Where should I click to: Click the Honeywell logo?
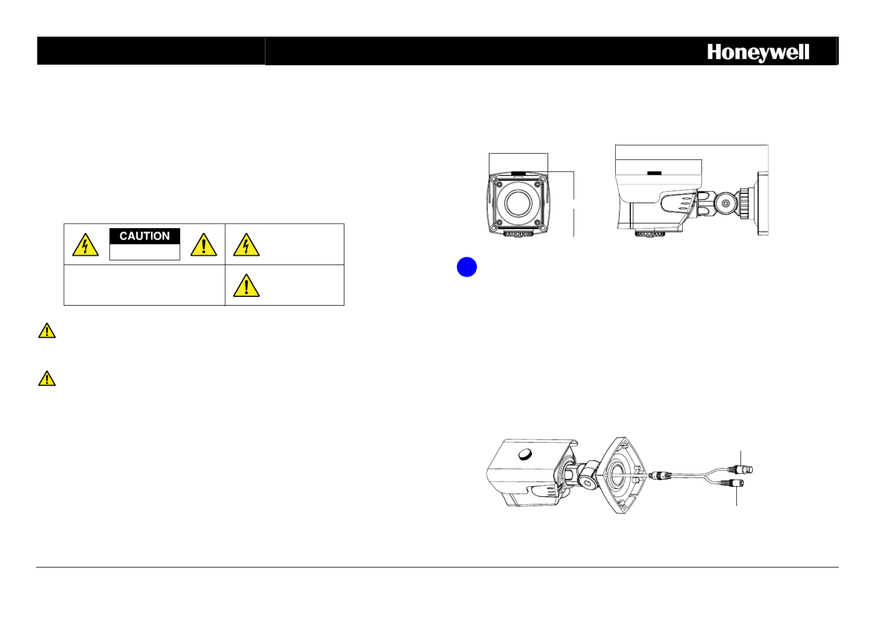[x=758, y=53]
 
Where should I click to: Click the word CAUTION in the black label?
[x=145, y=236]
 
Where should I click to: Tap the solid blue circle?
[x=467, y=267]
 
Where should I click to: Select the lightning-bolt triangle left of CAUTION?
[x=85, y=245]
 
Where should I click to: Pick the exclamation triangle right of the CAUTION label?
[x=204, y=245]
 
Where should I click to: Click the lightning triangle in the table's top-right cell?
[x=246, y=245]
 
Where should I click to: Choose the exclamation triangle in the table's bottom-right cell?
[x=246, y=286]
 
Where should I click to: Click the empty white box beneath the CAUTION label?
[x=145, y=252]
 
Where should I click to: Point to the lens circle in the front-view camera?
[x=518, y=203]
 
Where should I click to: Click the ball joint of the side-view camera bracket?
[x=725, y=203]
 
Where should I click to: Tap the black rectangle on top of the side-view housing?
[x=654, y=173]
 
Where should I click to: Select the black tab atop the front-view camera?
[x=518, y=173]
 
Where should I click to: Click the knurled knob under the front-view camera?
[x=518, y=234]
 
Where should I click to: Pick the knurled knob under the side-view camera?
[x=649, y=234]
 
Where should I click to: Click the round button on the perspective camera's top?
[x=526, y=454]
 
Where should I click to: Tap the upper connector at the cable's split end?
[x=741, y=470]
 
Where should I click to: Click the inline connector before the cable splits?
[x=660, y=475]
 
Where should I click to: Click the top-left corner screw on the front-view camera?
[x=499, y=184]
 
